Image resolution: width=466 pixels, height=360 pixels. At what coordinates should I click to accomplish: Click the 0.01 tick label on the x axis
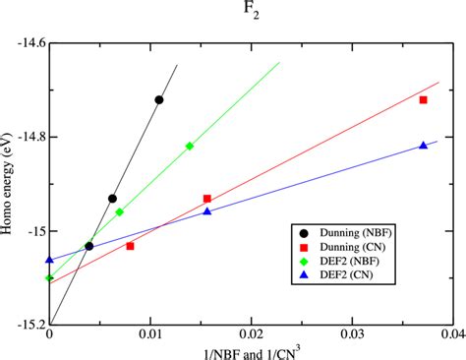pyautogui.click(x=151, y=334)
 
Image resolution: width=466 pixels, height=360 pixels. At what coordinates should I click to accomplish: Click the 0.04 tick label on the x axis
pyautogui.click(x=451, y=334)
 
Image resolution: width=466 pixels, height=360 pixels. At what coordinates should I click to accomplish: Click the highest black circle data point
pyautogui.click(x=159, y=99)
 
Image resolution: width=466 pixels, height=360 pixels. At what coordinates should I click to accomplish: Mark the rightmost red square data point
pyautogui.click(x=424, y=100)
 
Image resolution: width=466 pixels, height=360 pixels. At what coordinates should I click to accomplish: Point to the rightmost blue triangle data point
pyautogui.click(x=424, y=146)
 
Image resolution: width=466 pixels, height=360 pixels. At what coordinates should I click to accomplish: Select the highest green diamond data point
pyautogui.click(x=190, y=146)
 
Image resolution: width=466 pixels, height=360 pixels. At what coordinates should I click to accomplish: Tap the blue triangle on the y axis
pyautogui.click(x=49, y=260)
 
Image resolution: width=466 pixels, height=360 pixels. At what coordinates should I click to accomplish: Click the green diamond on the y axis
pyautogui.click(x=49, y=278)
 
